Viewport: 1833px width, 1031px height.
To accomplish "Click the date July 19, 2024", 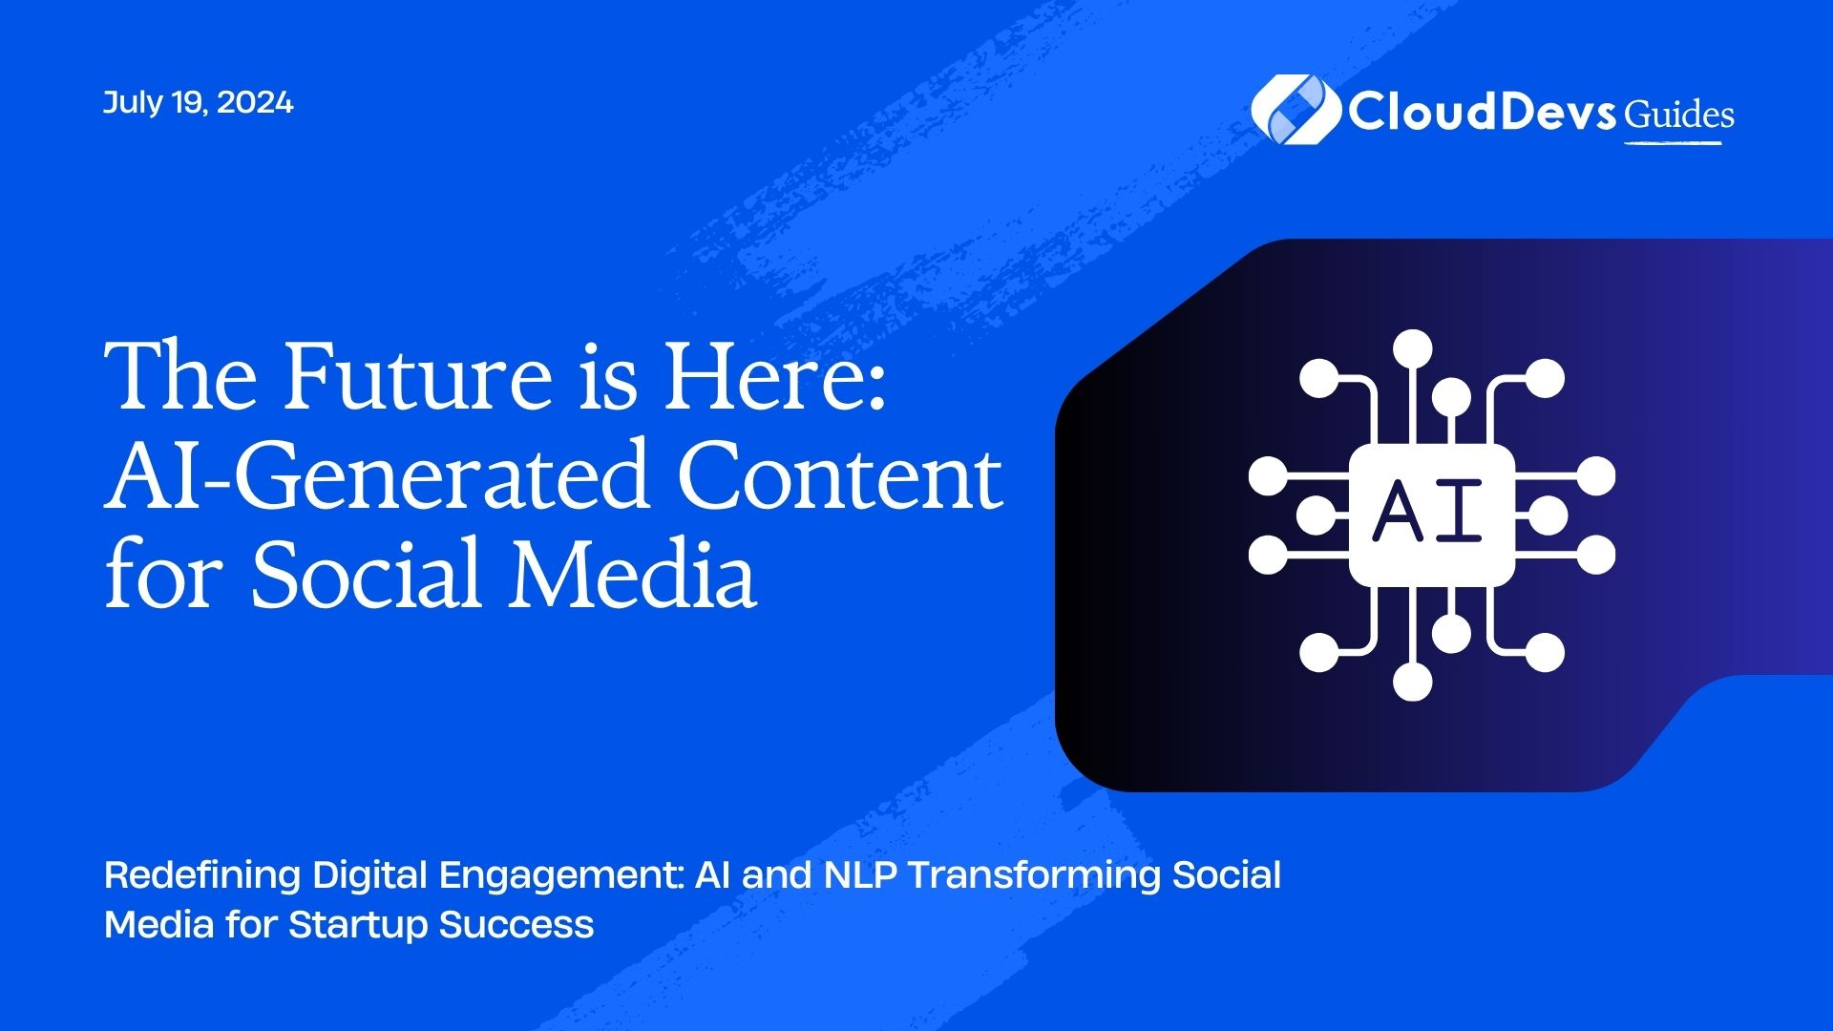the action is coord(198,103).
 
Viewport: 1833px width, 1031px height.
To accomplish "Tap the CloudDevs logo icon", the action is coord(1296,110).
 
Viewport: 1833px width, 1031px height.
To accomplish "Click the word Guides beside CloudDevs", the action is coord(1679,115).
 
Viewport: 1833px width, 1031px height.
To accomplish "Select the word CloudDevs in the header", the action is coord(1481,111).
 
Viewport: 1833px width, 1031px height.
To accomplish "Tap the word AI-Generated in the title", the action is coord(376,475).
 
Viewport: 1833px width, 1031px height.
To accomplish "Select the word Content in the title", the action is coord(840,475).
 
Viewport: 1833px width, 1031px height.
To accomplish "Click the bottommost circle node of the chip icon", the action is coord(1413,682).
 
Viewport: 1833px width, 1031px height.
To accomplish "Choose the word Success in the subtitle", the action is coord(516,924).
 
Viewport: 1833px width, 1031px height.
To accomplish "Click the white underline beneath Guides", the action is coord(1673,143).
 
